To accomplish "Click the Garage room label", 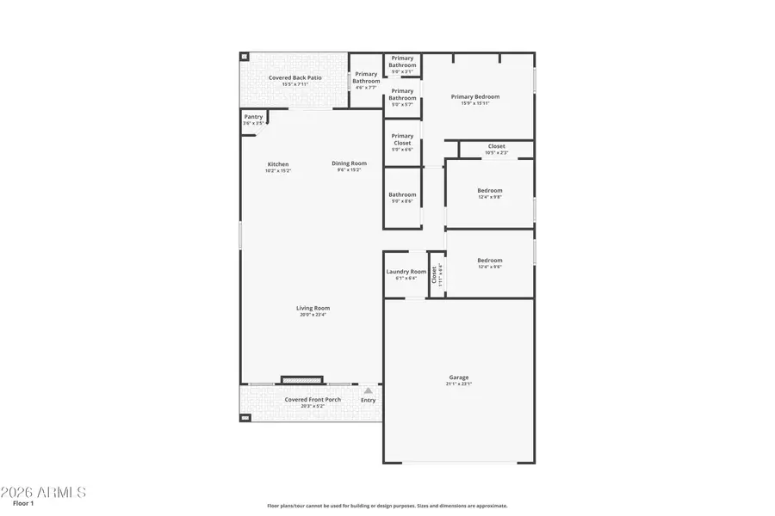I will [458, 378].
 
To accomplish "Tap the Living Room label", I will [313, 308].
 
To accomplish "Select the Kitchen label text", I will [277, 164].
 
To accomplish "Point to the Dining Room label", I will [349, 163].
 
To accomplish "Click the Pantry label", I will [253, 117].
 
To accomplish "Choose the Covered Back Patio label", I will [294, 78].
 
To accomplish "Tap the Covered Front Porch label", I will [313, 399].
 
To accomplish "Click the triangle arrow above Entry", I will [368, 390].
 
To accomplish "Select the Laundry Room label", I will [406, 272].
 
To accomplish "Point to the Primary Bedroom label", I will [474, 97].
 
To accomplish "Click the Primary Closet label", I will [402, 139].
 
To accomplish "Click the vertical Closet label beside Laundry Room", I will [434, 274].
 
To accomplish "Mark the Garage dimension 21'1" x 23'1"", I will [458, 384].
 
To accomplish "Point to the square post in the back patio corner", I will [245, 57].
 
